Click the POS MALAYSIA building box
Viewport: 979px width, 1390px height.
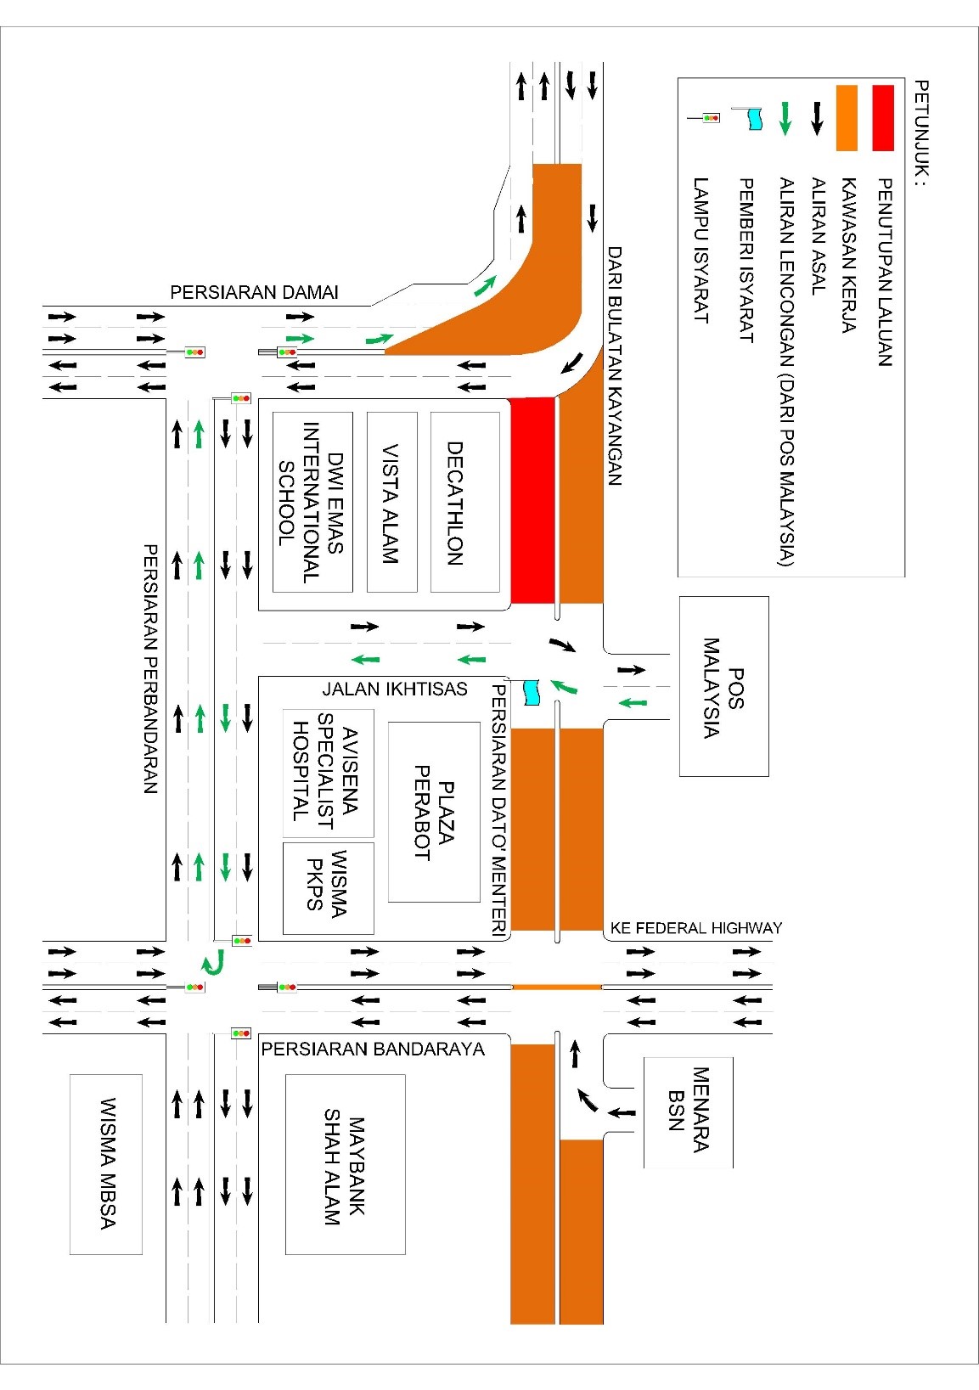click(x=723, y=686)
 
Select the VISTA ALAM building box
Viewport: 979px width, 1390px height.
click(x=391, y=502)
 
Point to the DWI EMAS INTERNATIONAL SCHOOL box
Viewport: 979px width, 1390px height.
click(x=312, y=502)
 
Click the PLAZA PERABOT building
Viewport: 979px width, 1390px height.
click(x=434, y=812)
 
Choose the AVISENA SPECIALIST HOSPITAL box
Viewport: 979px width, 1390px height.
click(x=328, y=774)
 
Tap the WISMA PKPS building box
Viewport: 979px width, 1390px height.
click(x=328, y=887)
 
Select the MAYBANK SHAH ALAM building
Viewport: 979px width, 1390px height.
click(x=345, y=1164)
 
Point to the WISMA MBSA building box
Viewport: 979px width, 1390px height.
click(x=106, y=1164)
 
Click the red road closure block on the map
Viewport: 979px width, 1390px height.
click(x=532, y=500)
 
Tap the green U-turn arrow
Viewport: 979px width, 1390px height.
click(x=213, y=962)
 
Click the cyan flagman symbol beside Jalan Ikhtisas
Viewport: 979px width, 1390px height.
click(x=532, y=691)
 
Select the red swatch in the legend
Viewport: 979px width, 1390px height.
click(x=882, y=117)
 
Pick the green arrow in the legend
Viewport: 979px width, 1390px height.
click(x=785, y=118)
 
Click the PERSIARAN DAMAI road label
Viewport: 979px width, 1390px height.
click(x=254, y=293)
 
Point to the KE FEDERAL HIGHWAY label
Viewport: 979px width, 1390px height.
click(x=695, y=928)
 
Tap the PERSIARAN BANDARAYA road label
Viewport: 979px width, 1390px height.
click(x=373, y=1050)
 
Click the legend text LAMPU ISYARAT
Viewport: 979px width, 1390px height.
click(x=701, y=250)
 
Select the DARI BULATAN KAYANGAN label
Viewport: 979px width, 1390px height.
click(x=616, y=365)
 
